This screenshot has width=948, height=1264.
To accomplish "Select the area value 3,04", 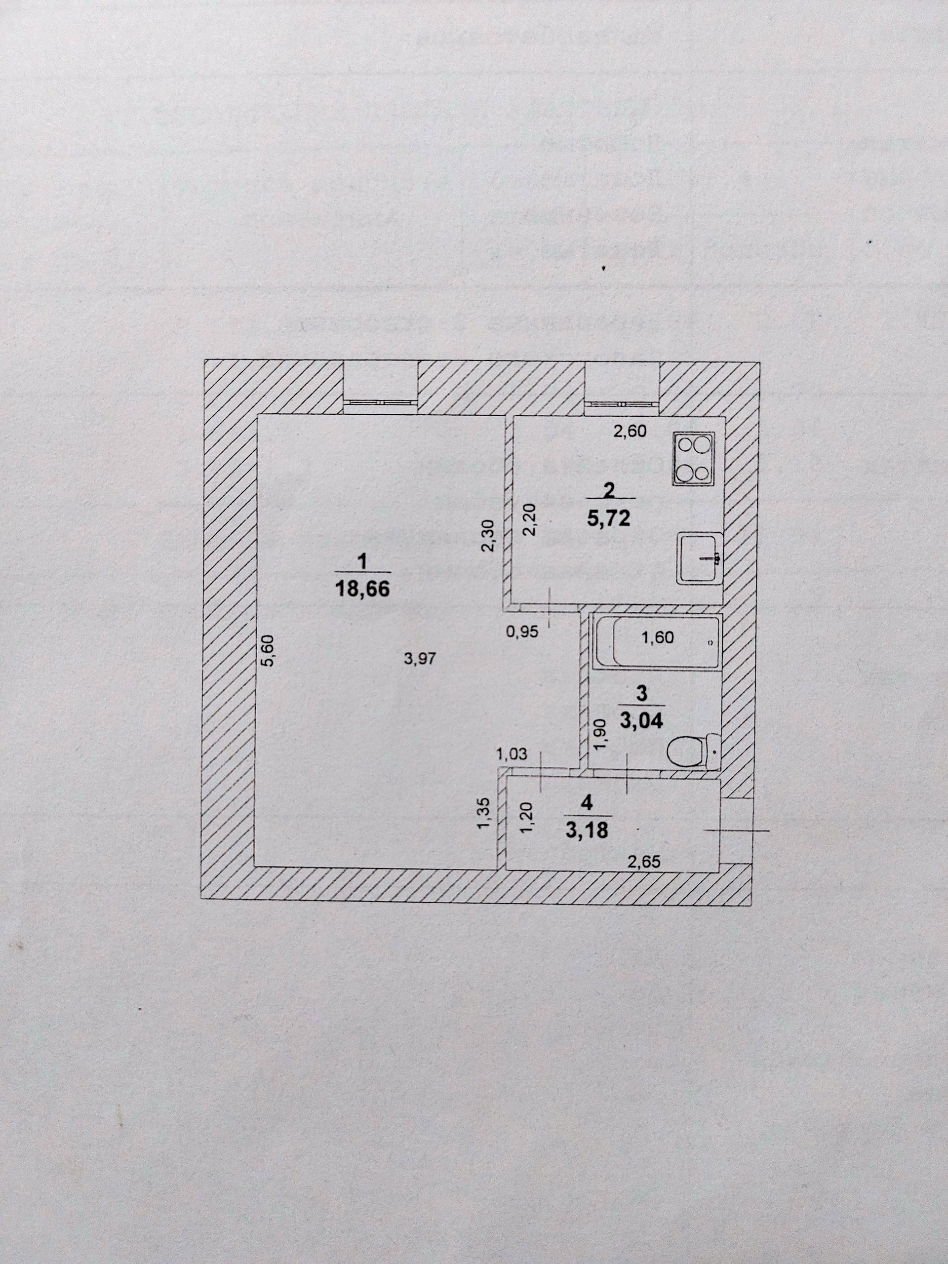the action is (x=642, y=720).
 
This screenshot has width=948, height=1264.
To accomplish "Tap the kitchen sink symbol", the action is (x=700, y=558).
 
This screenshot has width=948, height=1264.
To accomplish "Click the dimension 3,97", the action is (x=420, y=659).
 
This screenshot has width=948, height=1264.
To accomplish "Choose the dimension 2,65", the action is (x=643, y=861).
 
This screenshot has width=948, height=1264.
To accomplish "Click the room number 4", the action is (x=586, y=802).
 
